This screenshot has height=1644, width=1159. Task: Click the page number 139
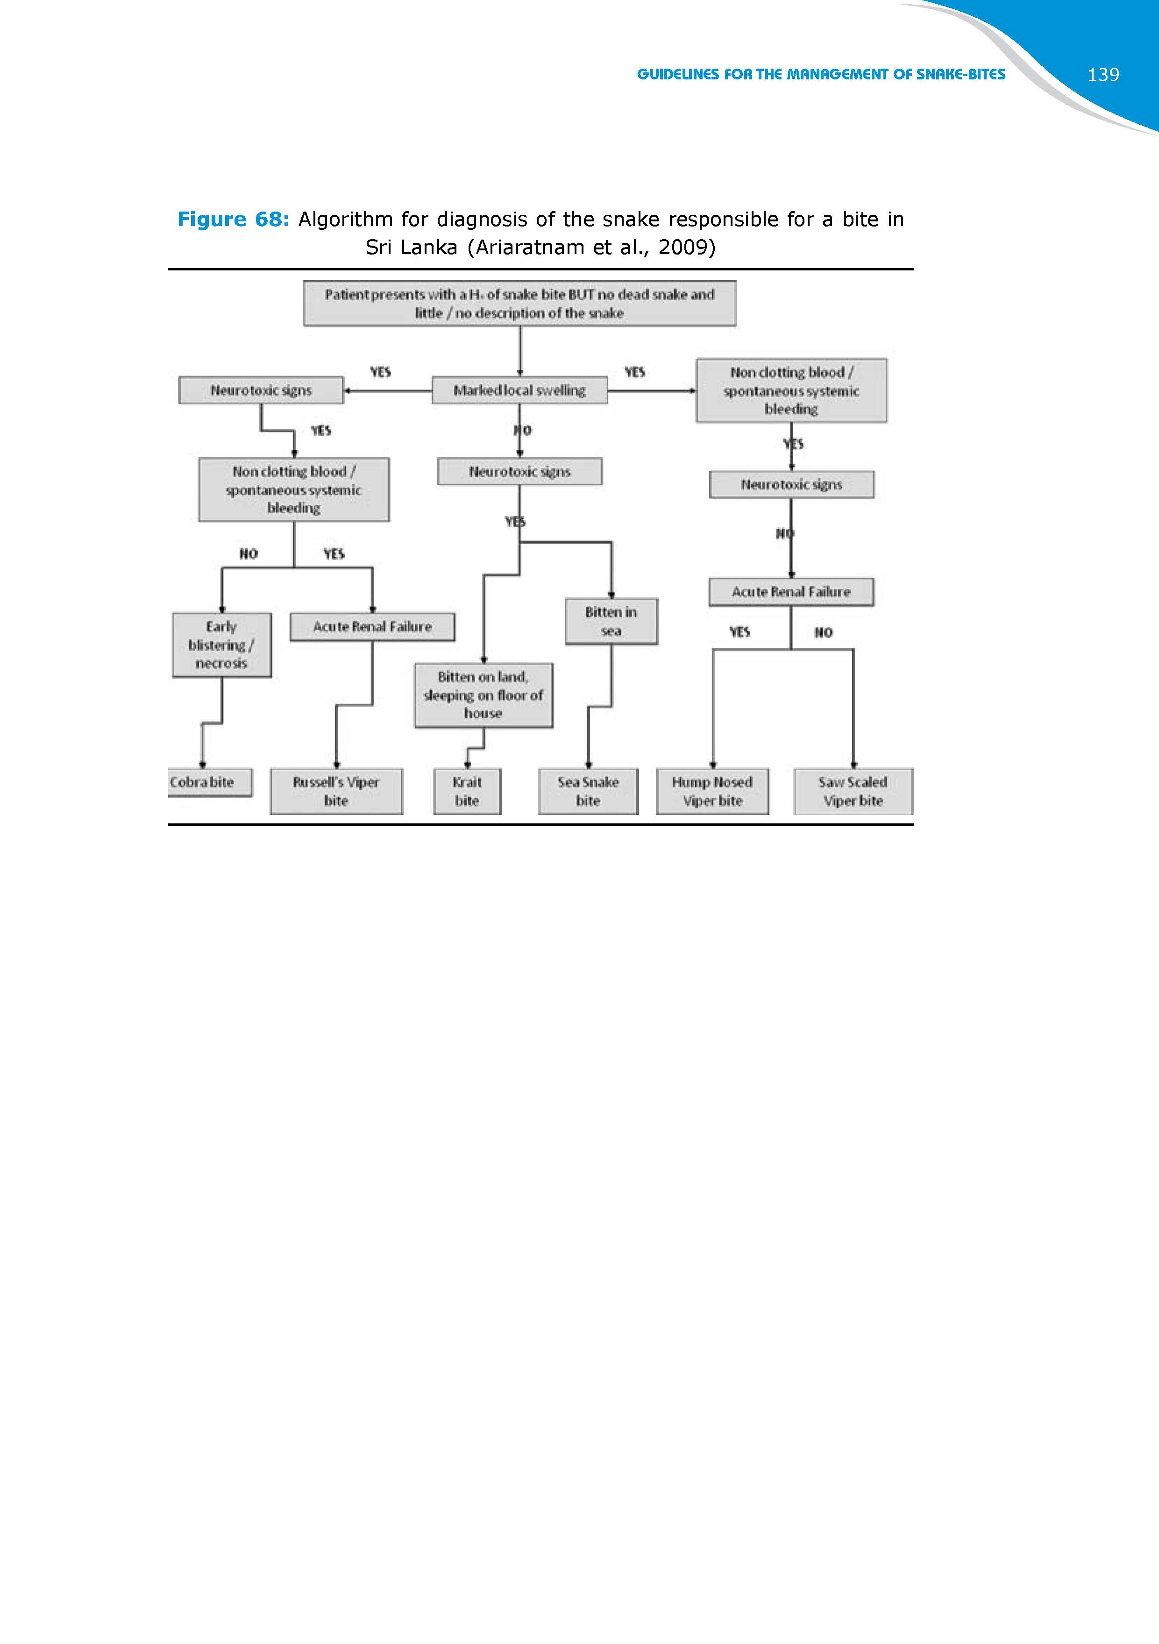(x=1102, y=74)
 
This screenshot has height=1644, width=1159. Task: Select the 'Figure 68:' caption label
(x=233, y=219)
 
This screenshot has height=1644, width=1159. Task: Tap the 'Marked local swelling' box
(x=519, y=390)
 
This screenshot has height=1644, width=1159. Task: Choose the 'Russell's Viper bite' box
(x=336, y=791)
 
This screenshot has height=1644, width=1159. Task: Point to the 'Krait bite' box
(x=467, y=791)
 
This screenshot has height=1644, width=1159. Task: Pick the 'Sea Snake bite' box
(x=588, y=791)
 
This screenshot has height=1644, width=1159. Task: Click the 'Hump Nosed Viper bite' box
(x=712, y=791)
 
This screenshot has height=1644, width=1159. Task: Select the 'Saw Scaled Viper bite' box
(x=853, y=791)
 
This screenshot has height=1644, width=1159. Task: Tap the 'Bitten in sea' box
(x=611, y=622)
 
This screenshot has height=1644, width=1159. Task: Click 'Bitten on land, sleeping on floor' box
(x=484, y=695)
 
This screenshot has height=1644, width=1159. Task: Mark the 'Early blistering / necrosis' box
(x=221, y=645)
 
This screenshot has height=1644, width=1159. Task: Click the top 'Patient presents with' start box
(x=519, y=304)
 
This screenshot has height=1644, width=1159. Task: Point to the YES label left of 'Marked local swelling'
(x=380, y=372)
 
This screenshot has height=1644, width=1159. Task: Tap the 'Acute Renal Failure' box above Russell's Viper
(x=372, y=626)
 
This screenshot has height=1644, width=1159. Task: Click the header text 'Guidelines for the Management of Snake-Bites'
(x=821, y=74)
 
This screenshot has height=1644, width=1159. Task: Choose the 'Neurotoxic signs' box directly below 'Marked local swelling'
(x=519, y=471)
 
